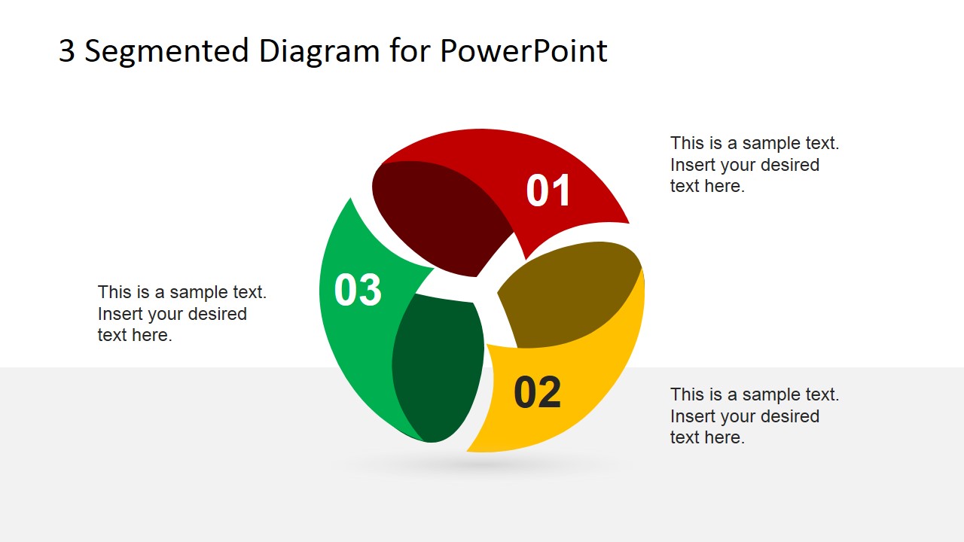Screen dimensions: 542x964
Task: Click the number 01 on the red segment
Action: coord(548,190)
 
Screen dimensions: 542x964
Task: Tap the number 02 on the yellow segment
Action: coord(537,392)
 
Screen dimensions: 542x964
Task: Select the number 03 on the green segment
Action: coord(358,290)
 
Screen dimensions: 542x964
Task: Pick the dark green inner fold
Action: coord(437,369)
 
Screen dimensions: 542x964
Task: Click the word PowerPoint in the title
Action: coord(523,51)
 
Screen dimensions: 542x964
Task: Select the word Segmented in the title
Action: coord(166,51)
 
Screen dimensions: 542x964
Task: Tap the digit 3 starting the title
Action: coord(66,51)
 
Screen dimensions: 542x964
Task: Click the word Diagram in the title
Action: coord(319,51)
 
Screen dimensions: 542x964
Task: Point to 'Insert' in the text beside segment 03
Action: coord(120,314)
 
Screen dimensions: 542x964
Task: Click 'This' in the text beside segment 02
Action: coord(687,394)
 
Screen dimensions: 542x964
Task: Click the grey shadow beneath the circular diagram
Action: coord(482,465)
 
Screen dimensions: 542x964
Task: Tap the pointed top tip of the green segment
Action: coord(349,201)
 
